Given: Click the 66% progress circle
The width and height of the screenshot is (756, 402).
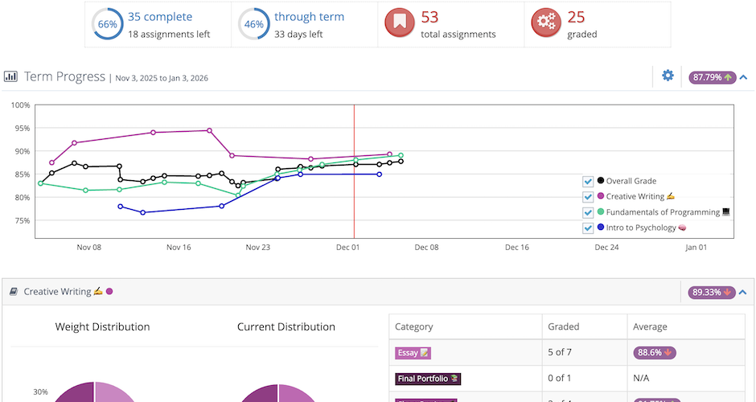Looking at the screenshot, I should (107, 24).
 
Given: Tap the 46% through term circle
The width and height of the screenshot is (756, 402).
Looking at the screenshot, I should (253, 24).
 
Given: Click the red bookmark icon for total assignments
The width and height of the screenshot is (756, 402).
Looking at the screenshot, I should (401, 23).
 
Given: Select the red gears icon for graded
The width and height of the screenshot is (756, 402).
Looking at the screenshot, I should (547, 23).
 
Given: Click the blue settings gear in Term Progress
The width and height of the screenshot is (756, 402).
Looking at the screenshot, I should (668, 76).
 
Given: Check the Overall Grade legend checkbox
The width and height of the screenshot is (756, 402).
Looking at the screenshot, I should (588, 181).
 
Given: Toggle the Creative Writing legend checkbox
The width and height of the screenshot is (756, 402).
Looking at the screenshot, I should (588, 196).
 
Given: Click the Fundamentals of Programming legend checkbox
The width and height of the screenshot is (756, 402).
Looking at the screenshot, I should (588, 212).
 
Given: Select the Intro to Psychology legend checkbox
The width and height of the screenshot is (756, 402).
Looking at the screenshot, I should (588, 228).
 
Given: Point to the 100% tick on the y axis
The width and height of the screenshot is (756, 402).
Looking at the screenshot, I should (20, 105).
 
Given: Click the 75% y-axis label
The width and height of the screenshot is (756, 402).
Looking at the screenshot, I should (22, 220).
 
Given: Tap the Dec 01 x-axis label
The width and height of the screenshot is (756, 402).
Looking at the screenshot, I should (347, 248).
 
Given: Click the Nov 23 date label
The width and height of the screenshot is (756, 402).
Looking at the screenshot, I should (258, 248).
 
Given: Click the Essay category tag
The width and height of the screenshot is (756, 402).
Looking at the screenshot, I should (413, 352).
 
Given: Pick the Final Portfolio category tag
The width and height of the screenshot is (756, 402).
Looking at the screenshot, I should (428, 378).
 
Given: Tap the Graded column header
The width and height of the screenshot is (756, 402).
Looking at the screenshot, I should (564, 326).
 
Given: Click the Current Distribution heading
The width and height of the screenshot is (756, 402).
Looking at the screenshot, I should (286, 326).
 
